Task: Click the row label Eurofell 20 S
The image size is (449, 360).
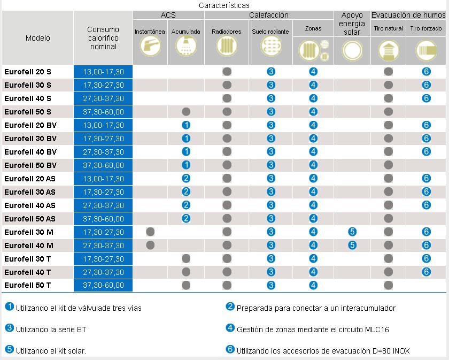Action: [x=27, y=72]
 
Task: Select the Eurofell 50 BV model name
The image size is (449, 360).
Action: [x=30, y=165]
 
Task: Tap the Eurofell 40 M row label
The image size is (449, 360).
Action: [x=28, y=246]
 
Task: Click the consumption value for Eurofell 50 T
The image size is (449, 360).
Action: [x=103, y=286]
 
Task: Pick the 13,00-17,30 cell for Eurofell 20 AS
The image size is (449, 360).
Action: [x=103, y=179]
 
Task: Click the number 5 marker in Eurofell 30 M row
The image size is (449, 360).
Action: [x=352, y=232]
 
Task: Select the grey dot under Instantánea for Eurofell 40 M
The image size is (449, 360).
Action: [x=150, y=245]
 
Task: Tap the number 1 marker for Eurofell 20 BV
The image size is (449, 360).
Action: [x=186, y=125]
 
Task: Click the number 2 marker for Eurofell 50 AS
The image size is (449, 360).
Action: [x=186, y=218]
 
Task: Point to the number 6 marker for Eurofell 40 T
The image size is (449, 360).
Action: [x=426, y=272]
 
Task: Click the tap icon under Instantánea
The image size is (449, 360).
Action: [x=150, y=49]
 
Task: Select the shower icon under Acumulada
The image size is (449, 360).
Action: [x=186, y=49]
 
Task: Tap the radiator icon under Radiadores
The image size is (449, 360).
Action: [x=227, y=49]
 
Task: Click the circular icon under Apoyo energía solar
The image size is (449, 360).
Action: [x=352, y=51]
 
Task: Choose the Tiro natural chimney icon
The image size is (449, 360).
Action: [x=389, y=51]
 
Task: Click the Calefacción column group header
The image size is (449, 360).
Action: [x=268, y=16]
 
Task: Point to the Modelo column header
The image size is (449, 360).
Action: [x=37, y=38]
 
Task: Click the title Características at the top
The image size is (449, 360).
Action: [x=224, y=5]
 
